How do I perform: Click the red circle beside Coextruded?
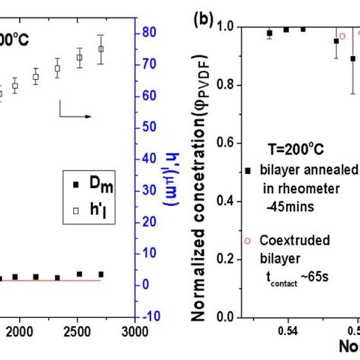pos(247,241)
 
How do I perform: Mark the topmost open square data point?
pos(101,49)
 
